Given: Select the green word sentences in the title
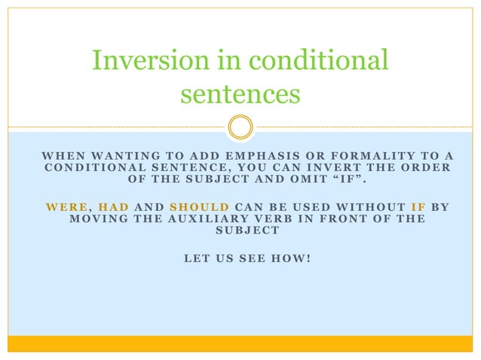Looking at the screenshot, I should click(x=240, y=94).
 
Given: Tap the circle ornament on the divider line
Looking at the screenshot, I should click(x=240, y=127).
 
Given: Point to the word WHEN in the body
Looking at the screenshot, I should click(x=61, y=155).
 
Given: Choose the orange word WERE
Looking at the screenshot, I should click(x=66, y=206).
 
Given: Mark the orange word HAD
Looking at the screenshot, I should click(x=114, y=206).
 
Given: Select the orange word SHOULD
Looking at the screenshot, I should click(x=199, y=206).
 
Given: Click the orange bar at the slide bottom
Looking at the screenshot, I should click(x=240, y=343).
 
